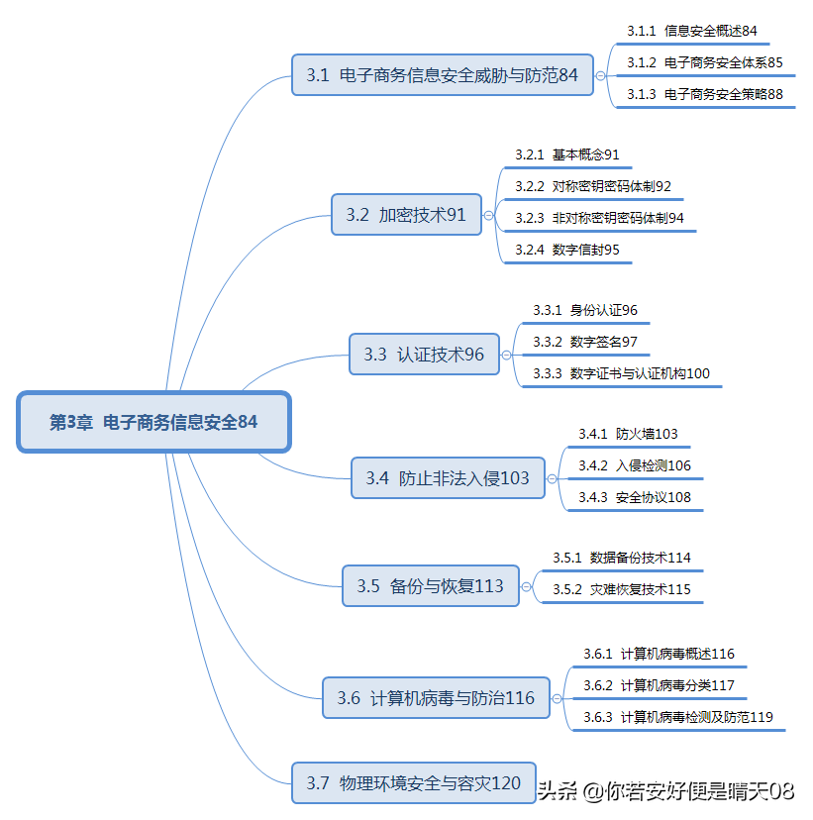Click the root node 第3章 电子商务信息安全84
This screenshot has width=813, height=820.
point(153,422)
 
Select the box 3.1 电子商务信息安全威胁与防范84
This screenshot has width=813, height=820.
point(442,74)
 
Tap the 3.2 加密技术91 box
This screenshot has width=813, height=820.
point(406,214)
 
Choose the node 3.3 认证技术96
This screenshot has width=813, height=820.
point(424,354)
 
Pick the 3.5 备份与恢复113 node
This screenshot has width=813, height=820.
point(430,585)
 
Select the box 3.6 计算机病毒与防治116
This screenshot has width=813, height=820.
point(435,698)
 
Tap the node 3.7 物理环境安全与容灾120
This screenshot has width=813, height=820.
point(413,782)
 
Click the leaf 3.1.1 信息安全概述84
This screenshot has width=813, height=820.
point(691,32)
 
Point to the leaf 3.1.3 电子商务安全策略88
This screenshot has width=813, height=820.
point(704,94)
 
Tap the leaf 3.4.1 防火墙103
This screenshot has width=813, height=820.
point(628,434)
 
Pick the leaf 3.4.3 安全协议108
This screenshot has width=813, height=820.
point(635,497)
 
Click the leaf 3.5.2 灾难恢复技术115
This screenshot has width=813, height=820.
point(621,589)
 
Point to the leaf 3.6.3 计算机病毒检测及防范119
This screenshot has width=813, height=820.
point(677,717)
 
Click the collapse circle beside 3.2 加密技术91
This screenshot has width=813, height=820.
point(488,214)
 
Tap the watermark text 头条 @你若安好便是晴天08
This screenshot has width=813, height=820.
point(665,790)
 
